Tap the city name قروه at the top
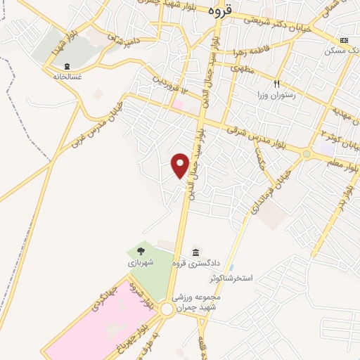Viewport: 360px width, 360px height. pos(219,11)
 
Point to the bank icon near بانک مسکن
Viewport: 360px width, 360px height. pos(344,40)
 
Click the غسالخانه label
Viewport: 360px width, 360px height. pos(67,75)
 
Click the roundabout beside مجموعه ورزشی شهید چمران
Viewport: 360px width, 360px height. pos(167,309)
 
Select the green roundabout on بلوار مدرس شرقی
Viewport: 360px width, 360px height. pos(307,153)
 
